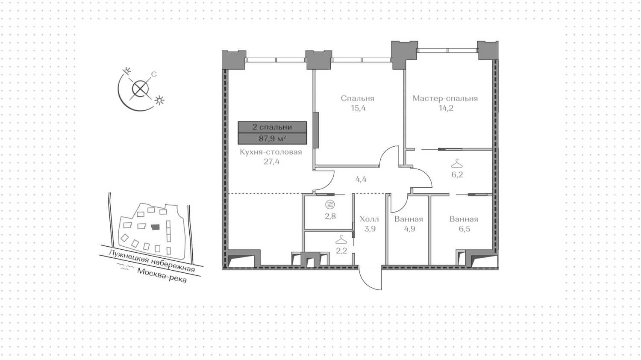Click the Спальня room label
pos(357,98)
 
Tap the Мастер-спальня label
pos(445,98)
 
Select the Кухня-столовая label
pos(271,152)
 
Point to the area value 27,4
pos(271,162)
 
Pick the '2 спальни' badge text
pos(272,127)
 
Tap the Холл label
pos(369,219)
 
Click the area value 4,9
pos(409,229)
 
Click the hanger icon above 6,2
pos(457,164)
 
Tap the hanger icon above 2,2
pos(341,240)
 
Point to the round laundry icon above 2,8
pos(330,204)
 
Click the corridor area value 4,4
pos(361,180)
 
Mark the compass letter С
pos(154,74)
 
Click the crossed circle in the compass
pos(140,89)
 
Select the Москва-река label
pos(162,275)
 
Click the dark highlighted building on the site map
pos(156,227)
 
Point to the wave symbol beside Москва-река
pos(125,267)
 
